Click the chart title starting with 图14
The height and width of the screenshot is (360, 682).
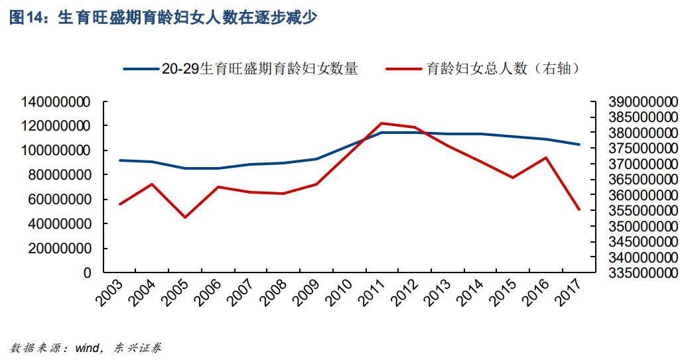[163, 18]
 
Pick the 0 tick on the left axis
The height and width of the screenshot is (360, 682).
[86, 272]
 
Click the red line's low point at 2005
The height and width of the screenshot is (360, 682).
[185, 217]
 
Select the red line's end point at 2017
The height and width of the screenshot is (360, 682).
[579, 210]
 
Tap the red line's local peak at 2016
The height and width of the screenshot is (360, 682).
[545, 158]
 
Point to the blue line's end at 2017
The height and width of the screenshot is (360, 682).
[579, 145]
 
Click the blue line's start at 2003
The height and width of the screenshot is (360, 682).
[119, 160]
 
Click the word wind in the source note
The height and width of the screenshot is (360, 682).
[88, 347]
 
